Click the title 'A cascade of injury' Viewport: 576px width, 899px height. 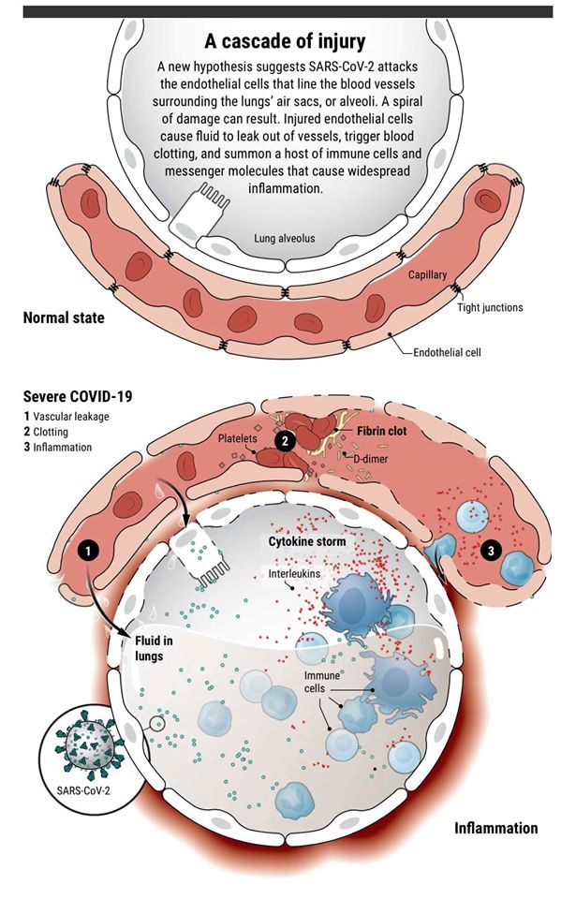click(287, 42)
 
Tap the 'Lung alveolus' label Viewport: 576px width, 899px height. click(285, 239)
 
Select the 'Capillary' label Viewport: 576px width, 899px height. click(427, 275)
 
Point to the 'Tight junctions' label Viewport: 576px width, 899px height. click(490, 307)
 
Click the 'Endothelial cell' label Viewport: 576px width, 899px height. click(450, 354)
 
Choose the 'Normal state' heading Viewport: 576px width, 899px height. click(63, 318)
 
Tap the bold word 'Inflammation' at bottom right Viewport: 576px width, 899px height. click(495, 829)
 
